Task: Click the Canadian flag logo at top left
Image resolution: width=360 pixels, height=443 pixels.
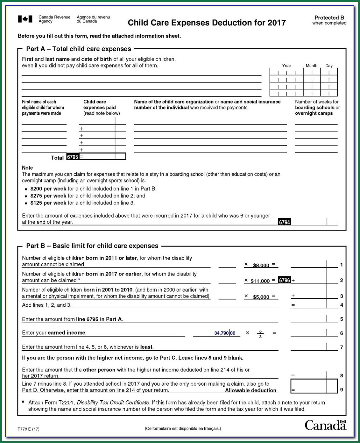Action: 25,19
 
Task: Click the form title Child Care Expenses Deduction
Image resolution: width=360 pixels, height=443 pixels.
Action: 206,23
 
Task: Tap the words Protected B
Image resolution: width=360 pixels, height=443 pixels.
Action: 329,17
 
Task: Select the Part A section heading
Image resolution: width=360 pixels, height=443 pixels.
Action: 79,49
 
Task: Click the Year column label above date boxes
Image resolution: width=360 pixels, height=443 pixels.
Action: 286,66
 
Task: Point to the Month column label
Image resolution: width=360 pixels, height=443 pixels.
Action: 311,66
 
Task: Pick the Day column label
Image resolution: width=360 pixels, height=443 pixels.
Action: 329,66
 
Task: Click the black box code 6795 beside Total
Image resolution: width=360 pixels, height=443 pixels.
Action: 72,157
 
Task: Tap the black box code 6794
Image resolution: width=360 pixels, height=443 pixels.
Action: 284,222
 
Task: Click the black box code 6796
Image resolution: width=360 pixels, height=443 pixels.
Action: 284,280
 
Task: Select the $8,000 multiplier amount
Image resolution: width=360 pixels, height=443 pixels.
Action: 261,265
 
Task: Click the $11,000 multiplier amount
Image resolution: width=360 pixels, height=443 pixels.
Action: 260,281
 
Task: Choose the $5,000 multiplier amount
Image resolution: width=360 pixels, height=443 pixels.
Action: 261,297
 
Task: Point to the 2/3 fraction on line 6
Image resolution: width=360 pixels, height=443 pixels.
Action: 260,334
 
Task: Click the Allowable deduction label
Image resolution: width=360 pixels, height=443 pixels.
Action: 250,390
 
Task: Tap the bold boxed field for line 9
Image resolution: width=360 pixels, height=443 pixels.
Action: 314,386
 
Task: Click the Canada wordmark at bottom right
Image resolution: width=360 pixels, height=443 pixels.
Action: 325,426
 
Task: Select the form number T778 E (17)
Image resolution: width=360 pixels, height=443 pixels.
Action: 28,429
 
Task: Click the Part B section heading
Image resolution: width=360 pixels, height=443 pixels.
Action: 92,246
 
